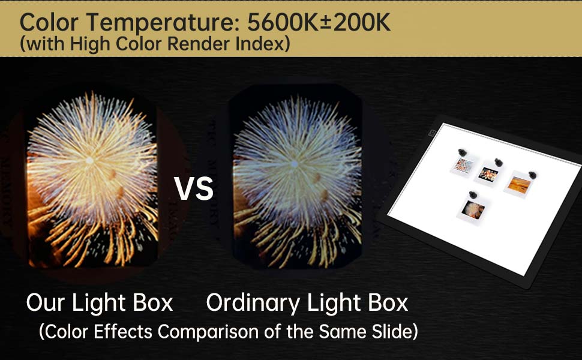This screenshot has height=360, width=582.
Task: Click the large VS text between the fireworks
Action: (193, 188)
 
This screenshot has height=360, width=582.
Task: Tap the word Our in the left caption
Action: (44, 303)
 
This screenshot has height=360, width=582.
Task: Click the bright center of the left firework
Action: (89, 160)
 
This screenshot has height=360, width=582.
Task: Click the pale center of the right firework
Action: (293, 163)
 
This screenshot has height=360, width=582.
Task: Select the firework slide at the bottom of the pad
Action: (473, 209)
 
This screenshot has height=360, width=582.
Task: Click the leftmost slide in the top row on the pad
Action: (463, 165)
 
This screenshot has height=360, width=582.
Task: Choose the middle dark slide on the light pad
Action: (488, 175)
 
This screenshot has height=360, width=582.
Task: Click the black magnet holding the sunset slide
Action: (530, 174)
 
